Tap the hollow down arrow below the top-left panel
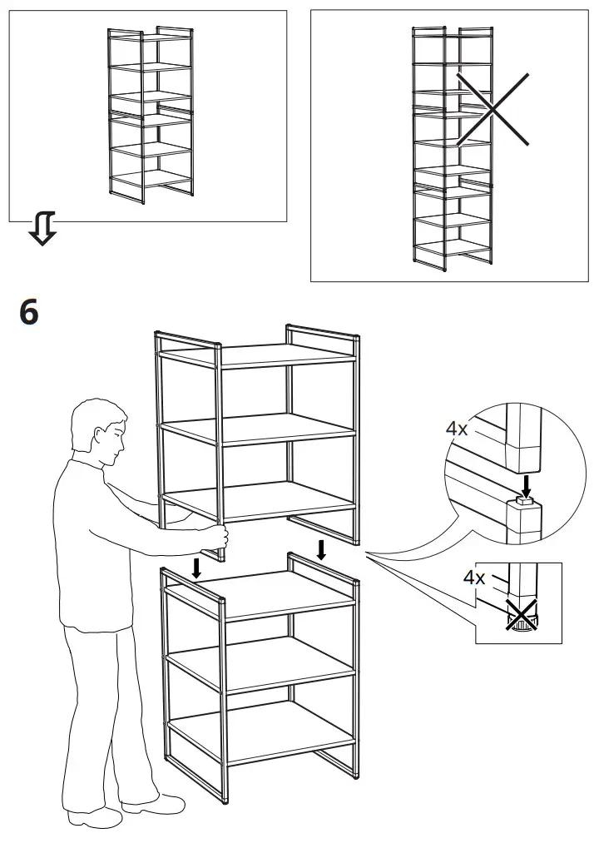tap(42, 228)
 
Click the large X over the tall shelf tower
tap(492, 109)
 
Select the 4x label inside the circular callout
tap(457, 429)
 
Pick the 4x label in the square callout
tap(473, 577)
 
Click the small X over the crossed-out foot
tap(522, 617)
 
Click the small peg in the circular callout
tap(524, 500)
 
